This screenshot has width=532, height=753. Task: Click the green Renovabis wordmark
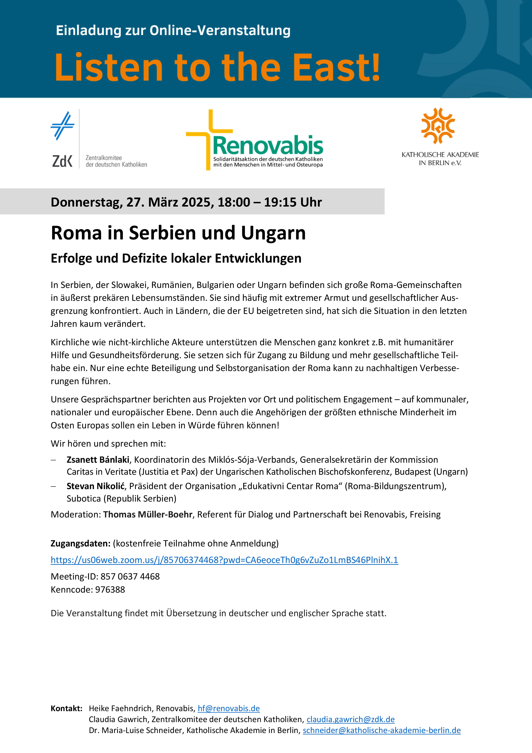tap(268, 146)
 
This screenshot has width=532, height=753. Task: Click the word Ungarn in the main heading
tap(273, 233)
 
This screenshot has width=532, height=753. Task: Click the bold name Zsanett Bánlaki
tap(98, 460)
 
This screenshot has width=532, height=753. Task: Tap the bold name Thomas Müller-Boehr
tap(148, 514)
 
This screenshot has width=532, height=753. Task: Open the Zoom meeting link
tap(224, 560)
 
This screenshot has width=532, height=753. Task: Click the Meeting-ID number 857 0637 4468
tap(130, 576)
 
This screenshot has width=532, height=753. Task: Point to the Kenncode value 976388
tap(110, 589)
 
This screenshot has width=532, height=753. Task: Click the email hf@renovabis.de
tap(229, 708)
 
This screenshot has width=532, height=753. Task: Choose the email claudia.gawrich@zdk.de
tap(351, 719)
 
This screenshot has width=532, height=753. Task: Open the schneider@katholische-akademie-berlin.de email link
tap(382, 730)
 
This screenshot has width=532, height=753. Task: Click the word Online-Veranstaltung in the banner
tap(220, 30)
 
